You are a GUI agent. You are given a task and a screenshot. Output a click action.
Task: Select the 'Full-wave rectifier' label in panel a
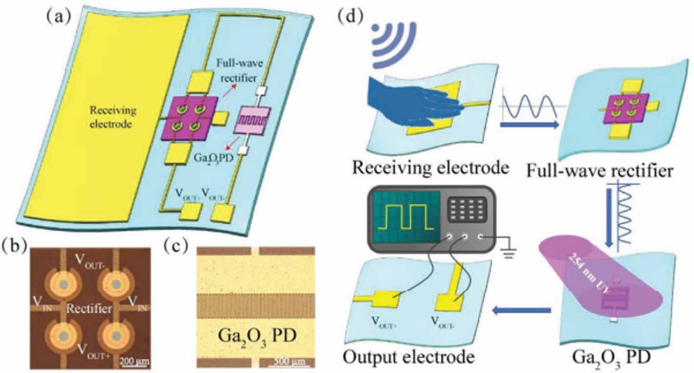239,71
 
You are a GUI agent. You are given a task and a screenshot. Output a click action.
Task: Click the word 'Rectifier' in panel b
89,308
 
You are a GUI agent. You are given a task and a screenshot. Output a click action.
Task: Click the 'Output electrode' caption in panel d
408,357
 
